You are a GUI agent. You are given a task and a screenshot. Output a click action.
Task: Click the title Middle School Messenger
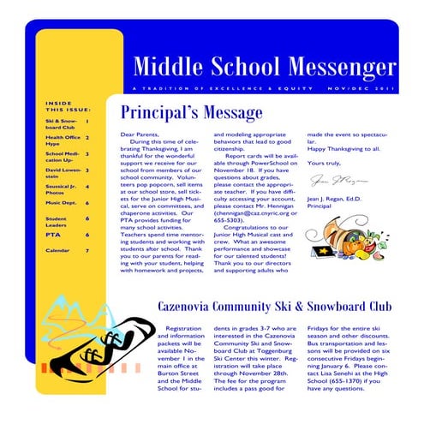tap(265, 66)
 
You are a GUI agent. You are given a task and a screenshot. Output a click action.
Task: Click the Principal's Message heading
tap(191, 113)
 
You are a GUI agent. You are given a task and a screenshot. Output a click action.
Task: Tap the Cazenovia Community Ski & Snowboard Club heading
tap(274, 307)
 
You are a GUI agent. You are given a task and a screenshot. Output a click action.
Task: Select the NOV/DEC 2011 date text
tap(364, 88)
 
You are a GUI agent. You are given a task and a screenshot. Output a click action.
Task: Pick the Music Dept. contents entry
tap(61, 204)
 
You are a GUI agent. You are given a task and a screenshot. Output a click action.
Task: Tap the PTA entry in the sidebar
tap(53, 234)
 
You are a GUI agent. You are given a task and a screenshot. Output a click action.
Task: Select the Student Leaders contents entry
tap(57, 222)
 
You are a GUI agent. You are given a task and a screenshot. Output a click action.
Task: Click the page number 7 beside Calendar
tap(87, 251)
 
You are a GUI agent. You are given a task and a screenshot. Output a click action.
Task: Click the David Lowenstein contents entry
tap(63, 173)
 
